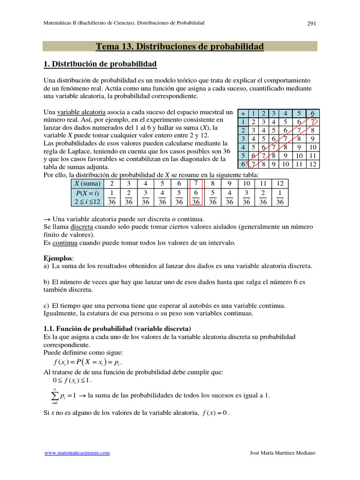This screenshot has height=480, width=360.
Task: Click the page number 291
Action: point(313,23)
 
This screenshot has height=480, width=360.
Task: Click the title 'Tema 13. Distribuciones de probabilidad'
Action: point(180,46)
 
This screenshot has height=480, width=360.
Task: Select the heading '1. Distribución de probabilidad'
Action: point(100,64)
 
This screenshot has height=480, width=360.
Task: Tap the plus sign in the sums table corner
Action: point(243,113)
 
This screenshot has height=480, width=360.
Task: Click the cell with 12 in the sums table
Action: point(313,164)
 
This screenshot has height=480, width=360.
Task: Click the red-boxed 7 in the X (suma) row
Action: point(196,184)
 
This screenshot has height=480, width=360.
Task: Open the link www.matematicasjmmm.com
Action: point(77,453)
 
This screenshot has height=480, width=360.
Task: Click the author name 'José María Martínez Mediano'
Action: point(283,453)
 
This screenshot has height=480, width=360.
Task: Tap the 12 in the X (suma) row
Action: point(280,184)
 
